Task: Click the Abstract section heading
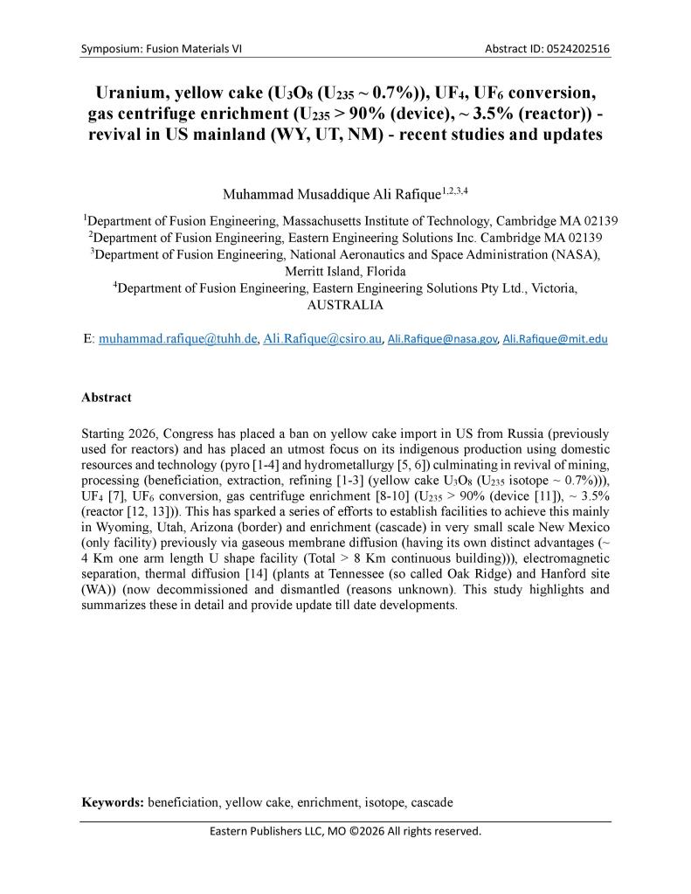point(107,398)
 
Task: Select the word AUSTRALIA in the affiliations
point(345,306)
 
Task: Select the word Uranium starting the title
point(134,94)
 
